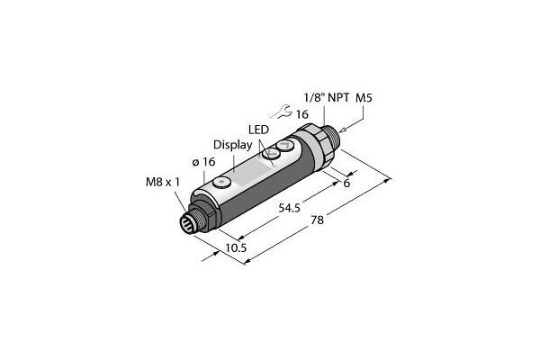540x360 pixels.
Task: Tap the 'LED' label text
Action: (259, 129)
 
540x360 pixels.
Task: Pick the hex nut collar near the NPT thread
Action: (314, 143)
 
